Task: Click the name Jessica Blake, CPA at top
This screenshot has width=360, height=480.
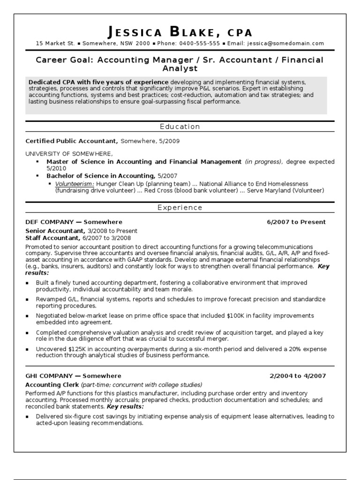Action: pos(180,32)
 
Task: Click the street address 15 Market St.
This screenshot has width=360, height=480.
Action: pos(55,44)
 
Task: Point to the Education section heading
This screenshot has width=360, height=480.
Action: pos(180,127)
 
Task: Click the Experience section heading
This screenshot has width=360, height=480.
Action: pos(180,208)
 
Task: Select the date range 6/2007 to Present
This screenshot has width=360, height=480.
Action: pos(296,222)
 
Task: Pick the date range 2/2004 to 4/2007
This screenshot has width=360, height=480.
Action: pos(298,376)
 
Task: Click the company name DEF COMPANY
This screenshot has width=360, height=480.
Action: pos(49,222)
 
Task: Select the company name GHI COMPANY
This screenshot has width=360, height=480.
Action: pos(49,376)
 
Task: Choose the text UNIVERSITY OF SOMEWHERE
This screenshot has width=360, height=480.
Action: pos(69,154)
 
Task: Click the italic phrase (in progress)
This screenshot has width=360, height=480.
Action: pos(263,162)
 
